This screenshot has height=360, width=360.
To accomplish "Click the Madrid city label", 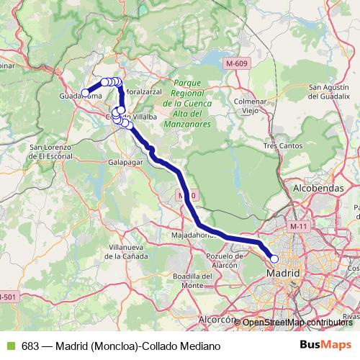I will [x=283, y=274].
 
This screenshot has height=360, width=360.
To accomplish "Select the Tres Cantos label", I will [x=279, y=145].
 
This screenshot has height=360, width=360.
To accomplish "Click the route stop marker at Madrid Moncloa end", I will [x=274, y=258].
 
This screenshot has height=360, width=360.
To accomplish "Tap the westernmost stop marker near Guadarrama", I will [x=85, y=92].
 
